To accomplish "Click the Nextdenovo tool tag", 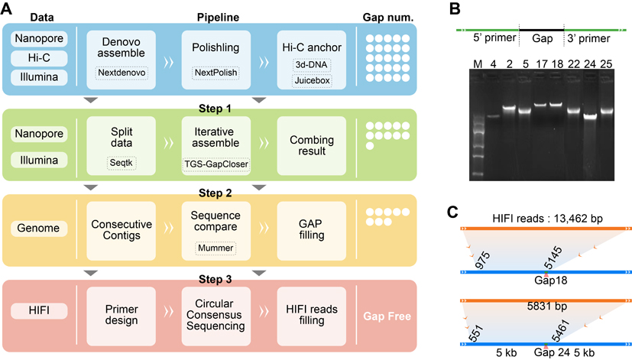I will click(x=121, y=73).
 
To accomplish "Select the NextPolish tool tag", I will click(x=216, y=73).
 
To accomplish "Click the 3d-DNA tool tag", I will click(x=310, y=63).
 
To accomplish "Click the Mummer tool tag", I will click(x=216, y=248).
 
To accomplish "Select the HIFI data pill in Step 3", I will click(x=40, y=311).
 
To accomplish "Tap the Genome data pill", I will click(x=40, y=227).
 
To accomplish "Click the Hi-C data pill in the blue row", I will click(x=40, y=57).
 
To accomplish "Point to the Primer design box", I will click(x=121, y=311).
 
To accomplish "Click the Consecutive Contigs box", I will click(x=121, y=227).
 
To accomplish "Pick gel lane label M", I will click(x=478, y=62).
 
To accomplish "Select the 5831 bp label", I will click(x=544, y=306).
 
